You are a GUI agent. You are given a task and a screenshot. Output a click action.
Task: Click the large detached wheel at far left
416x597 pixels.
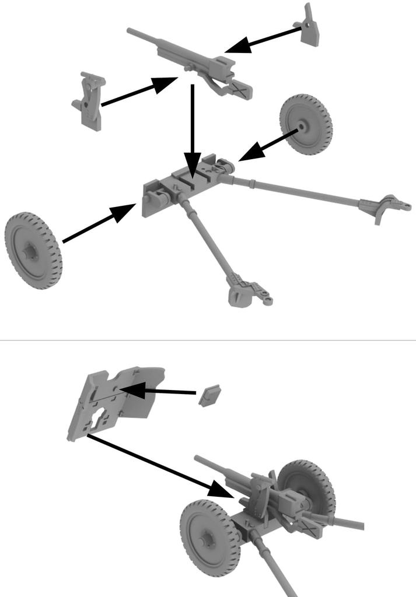[x=33, y=251]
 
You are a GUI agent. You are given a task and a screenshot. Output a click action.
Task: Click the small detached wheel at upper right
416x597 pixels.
[x=305, y=125]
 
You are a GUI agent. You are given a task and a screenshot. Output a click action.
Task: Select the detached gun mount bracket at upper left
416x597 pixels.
[x=90, y=100]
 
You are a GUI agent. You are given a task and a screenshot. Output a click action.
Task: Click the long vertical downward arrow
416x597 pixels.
[x=192, y=128]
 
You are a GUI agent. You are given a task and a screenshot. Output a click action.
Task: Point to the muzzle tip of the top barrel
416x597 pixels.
[x=130, y=29]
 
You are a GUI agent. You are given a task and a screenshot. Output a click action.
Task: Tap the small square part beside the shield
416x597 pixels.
[x=207, y=395]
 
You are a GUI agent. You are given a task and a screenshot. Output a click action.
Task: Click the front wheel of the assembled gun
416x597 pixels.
[x=210, y=538]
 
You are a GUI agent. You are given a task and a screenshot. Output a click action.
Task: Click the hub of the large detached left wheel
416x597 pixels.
[x=29, y=252]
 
